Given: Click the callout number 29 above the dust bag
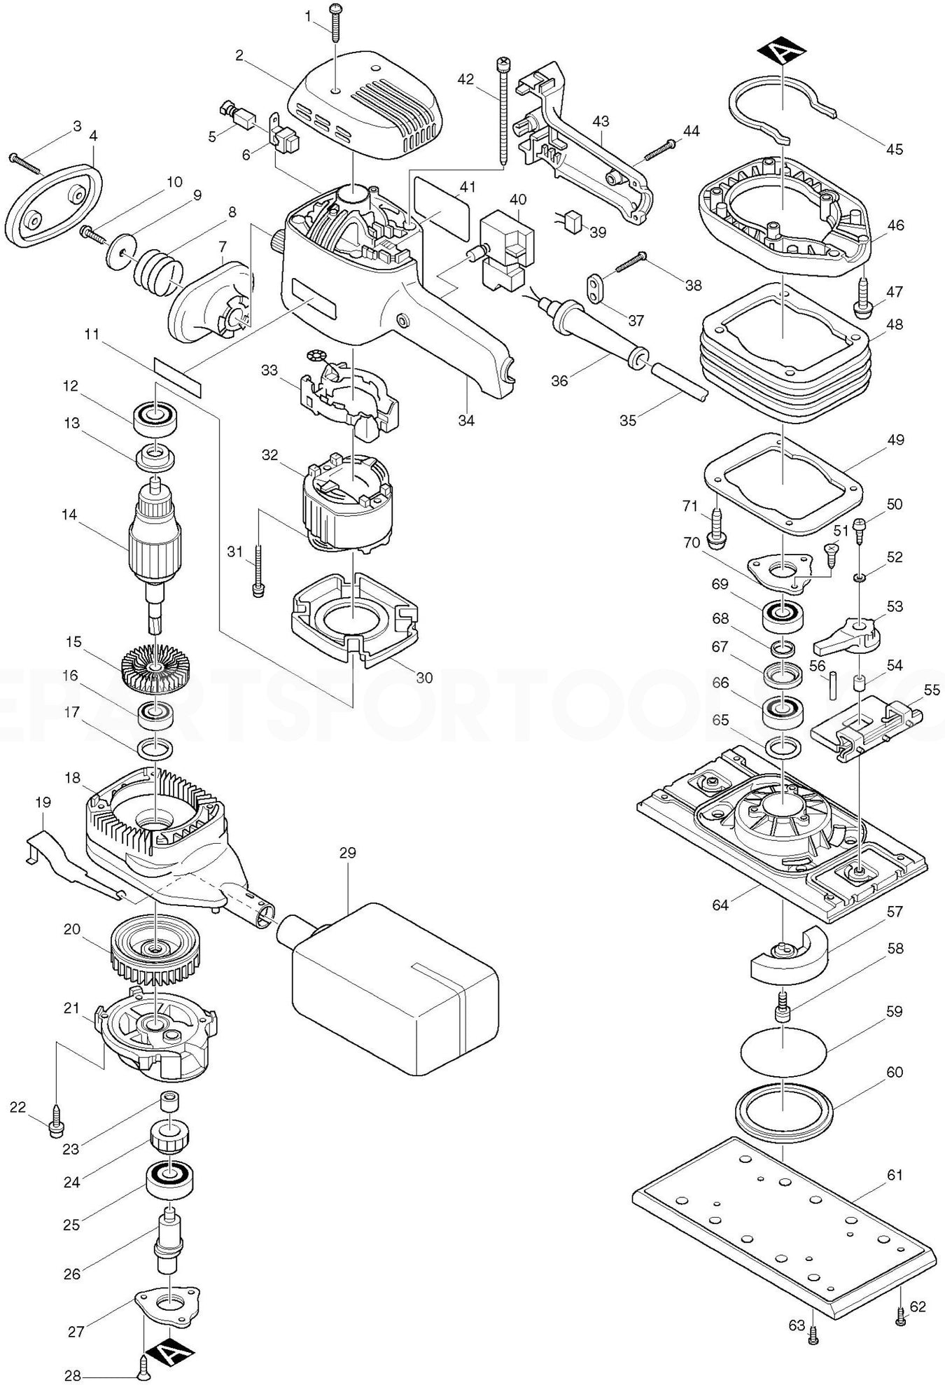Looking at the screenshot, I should point(347,853).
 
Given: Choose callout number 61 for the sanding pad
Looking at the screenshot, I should point(895,1174).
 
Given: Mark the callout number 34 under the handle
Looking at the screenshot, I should point(466,420).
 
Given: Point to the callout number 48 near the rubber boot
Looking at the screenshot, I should point(894,325).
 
